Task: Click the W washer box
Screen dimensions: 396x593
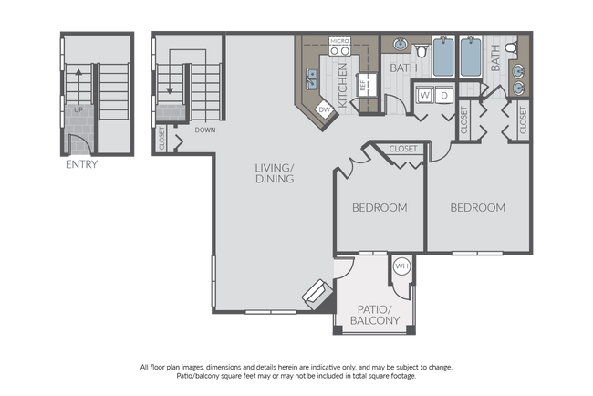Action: click(x=425, y=94)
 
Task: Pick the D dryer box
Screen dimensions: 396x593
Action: click(x=444, y=94)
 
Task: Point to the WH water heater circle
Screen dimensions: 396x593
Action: click(x=402, y=268)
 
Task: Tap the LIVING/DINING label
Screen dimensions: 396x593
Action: click(x=275, y=173)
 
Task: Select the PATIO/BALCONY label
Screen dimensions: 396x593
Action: click(x=373, y=314)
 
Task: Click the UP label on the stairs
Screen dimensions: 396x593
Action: click(x=78, y=109)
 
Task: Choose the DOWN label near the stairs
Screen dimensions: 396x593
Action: click(x=204, y=130)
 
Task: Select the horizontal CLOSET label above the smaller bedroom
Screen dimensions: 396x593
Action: click(x=403, y=149)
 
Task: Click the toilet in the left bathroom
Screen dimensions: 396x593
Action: click(x=421, y=47)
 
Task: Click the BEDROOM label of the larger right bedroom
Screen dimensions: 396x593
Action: click(x=477, y=207)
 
